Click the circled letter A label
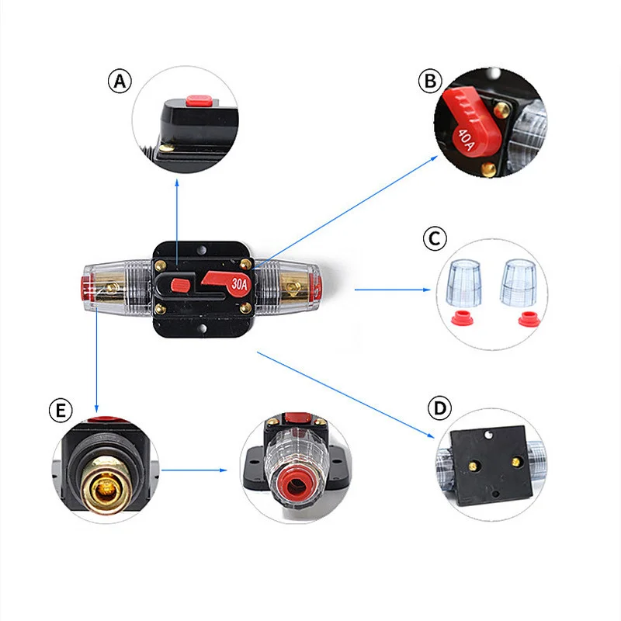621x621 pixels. click(120, 82)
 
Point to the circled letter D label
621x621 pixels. click(440, 408)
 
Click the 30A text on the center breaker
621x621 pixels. click(239, 283)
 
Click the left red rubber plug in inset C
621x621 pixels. click(463, 319)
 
